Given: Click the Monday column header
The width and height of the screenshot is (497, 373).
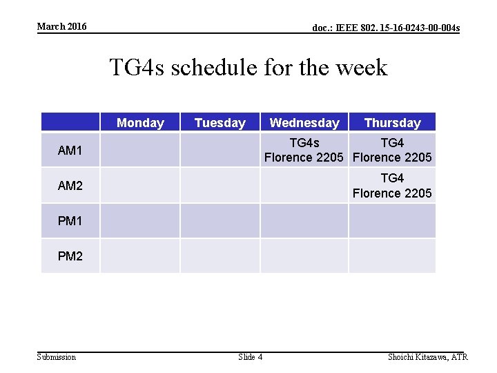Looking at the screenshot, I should point(140,123).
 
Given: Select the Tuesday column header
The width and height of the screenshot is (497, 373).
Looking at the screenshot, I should point(220,123).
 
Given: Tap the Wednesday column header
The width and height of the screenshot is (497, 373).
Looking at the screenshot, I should point(304,123).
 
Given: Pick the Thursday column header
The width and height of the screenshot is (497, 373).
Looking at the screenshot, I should point(392,123).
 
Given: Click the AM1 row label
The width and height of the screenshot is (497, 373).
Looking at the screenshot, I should point(70,150).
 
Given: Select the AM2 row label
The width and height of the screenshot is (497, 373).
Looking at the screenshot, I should point(70,185).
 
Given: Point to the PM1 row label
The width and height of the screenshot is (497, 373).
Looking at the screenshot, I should point(70,221).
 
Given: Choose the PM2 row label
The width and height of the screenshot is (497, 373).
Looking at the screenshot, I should point(70,256).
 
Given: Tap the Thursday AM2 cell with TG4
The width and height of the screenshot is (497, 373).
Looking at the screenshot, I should point(392,185).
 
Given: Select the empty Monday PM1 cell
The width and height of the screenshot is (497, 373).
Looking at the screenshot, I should point(140,221).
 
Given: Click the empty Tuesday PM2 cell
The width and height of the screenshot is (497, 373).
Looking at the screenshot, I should point(220,256).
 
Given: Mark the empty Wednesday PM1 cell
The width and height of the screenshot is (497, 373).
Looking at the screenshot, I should point(304,221).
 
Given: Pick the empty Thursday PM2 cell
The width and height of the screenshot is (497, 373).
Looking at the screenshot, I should point(392,256).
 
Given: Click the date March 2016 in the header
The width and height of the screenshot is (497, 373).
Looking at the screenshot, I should point(62,26).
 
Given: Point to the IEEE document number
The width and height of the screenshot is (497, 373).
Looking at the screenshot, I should point(386,28).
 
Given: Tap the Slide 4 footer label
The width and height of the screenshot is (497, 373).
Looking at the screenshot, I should point(250,357).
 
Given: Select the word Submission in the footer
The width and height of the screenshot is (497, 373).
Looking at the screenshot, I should point(57,357).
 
